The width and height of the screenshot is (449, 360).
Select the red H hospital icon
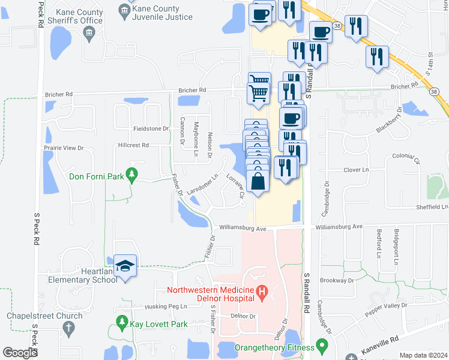coord(261,293)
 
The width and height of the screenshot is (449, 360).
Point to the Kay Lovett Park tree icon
coord(122,324)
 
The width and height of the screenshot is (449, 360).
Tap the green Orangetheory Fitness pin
coord(322,347)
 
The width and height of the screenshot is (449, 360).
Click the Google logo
coord(20,353)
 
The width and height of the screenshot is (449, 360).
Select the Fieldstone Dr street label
coord(151,128)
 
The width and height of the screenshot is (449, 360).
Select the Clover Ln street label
coord(356,170)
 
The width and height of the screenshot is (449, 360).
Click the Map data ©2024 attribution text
coord(424,355)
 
